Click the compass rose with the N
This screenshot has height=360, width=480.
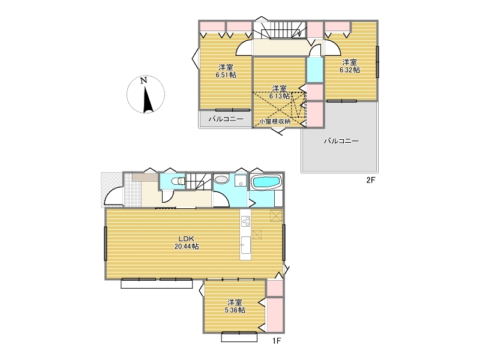(146, 94)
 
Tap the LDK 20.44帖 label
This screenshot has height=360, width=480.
(187, 243)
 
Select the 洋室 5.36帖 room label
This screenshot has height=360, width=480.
(235, 307)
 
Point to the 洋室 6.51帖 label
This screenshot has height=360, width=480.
(226, 71)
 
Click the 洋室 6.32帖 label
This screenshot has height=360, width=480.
(350, 66)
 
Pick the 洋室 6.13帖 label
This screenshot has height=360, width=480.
(279, 92)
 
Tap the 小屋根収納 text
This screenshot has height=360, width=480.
(275, 121)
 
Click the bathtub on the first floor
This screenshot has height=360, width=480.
(266, 182)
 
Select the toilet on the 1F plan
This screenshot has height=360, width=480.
(178, 182)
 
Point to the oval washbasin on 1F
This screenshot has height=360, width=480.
(221, 179)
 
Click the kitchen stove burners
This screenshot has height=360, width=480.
(245, 221)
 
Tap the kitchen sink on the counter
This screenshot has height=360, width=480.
(245, 245)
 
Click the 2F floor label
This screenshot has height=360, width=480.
(370, 181)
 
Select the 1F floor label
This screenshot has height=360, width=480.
(277, 341)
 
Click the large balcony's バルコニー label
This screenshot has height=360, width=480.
(341, 141)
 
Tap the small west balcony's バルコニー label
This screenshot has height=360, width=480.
(226, 119)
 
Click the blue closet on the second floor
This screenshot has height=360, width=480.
(315, 70)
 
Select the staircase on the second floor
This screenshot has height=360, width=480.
(279, 29)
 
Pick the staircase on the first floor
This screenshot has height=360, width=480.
(199, 181)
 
